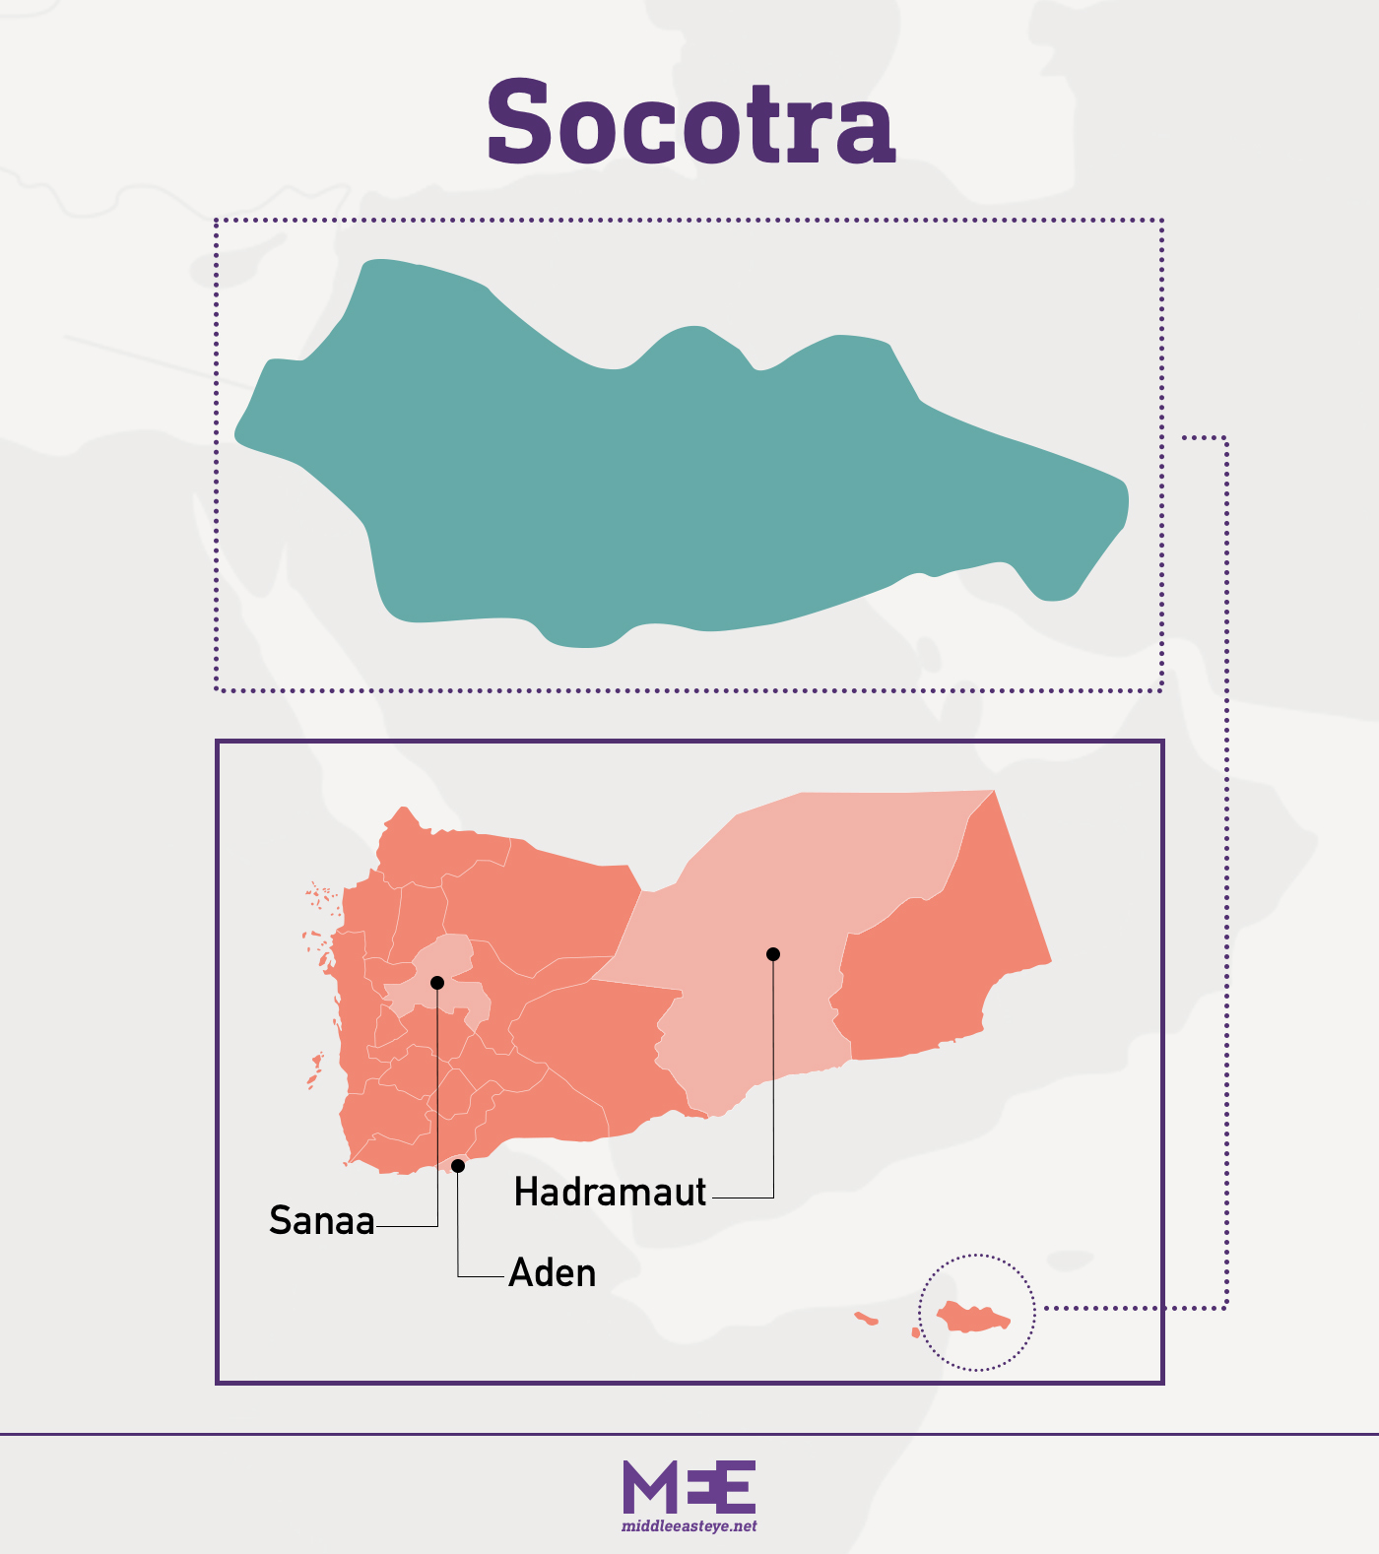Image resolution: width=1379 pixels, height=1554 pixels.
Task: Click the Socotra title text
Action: (690, 123)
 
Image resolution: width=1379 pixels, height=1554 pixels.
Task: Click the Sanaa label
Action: (322, 1221)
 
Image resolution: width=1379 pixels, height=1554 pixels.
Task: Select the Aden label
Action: (553, 1273)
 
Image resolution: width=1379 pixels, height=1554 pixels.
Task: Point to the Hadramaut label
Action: (610, 1193)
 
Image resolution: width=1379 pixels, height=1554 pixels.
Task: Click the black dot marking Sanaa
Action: (437, 983)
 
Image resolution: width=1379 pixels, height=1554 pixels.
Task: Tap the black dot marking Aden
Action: (458, 1166)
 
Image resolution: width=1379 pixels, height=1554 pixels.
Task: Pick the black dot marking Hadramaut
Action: (773, 954)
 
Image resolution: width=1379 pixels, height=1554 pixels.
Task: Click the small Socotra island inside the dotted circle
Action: (973, 1318)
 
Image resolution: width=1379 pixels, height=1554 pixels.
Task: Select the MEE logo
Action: (689, 1487)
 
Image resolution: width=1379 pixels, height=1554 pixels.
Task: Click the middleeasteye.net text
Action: (689, 1526)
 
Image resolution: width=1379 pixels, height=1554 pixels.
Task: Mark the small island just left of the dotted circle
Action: (916, 1332)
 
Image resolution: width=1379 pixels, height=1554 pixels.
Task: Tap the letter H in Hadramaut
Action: (527, 1193)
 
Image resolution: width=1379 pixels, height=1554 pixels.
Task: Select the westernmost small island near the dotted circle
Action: (866, 1318)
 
